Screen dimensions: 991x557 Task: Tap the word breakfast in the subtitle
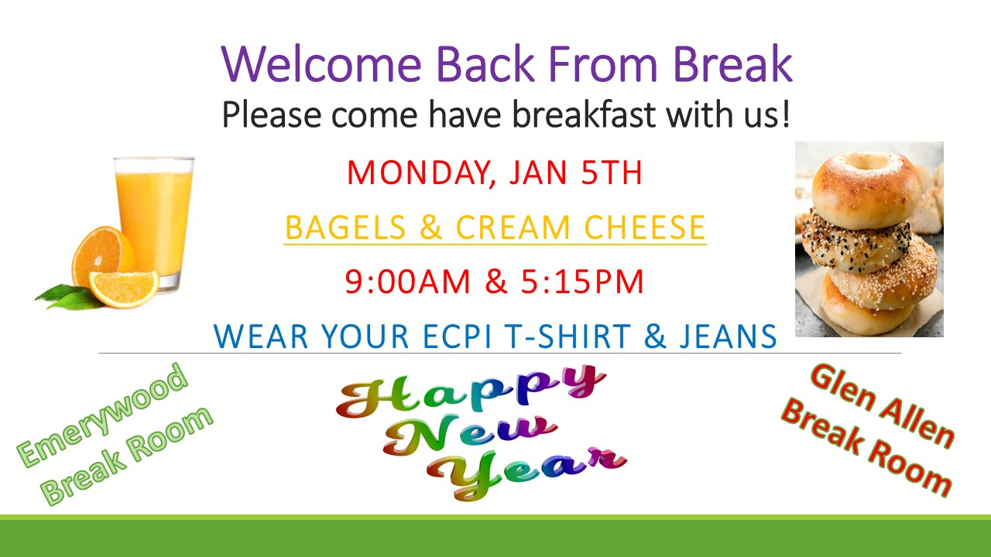pos(584,114)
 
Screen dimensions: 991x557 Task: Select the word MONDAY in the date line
pos(419,173)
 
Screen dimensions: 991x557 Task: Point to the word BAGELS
pos(345,227)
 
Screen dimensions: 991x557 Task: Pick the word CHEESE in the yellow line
pos(645,227)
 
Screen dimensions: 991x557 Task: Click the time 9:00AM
pos(407,282)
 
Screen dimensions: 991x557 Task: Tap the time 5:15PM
pos(582,282)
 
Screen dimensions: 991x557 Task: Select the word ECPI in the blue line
pos(457,337)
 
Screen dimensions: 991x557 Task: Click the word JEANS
pos(729,337)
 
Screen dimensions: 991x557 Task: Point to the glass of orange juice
pos(154,224)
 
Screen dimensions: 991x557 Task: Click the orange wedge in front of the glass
pos(124,289)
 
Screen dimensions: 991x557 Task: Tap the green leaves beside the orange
pos(69,297)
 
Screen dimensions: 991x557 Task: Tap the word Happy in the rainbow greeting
pos(470,391)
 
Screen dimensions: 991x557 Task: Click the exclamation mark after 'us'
pos(786,114)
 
